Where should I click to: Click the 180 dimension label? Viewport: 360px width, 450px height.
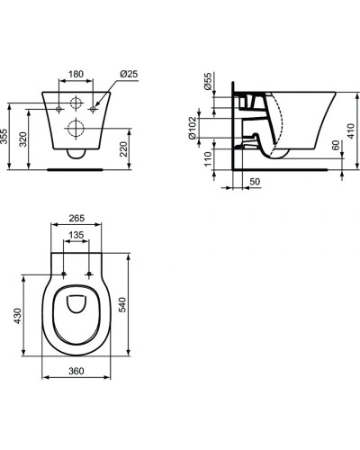pyautogui.click(x=76, y=74)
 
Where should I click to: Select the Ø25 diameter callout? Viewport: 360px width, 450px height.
pyautogui.click(x=129, y=74)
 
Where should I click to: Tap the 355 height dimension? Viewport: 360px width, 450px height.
pyautogui.click(x=4, y=137)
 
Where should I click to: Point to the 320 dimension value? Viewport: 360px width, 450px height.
pyautogui.click(x=23, y=139)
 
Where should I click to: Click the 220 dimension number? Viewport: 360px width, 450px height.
pyautogui.click(x=123, y=149)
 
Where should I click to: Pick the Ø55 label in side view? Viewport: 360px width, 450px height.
pyautogui.click(x=208, y=81)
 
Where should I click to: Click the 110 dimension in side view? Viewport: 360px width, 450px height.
pyautogui.click(x=208, y=159)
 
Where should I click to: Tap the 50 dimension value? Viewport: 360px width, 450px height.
pyautogui.click(x=255, y=182)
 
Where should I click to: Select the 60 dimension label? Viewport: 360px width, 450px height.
pyautogui.click(x=336, y=145)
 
